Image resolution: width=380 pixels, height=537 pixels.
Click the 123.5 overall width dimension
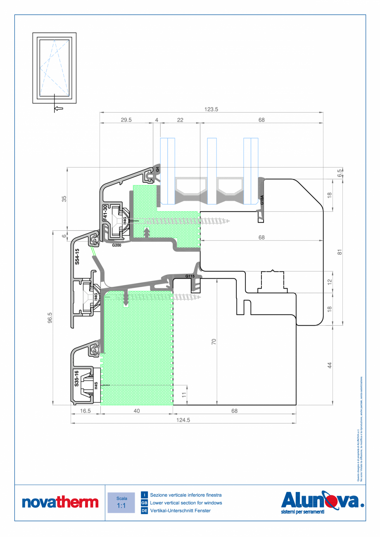tap(211, 109)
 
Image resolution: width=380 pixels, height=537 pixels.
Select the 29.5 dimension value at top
tap(126, 120)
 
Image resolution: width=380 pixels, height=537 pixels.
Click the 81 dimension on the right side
tap(339, 252)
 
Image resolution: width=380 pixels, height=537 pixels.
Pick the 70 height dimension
tap(214, 341)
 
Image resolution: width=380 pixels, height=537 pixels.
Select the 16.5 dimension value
tap(85, 411)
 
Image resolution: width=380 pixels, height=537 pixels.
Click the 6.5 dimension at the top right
tap(340, 173)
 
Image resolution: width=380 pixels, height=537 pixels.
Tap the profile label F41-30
tap(105, 213)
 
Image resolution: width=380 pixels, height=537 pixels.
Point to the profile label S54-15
tap(77, 256)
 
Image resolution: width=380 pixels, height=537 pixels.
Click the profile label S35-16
tap(76, 378)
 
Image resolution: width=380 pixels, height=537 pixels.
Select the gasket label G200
tap(117, 245)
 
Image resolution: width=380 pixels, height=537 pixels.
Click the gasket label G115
tap(190, 276)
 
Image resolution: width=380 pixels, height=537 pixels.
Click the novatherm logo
tap(60, 502)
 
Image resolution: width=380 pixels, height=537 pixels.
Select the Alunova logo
tap(323, 502)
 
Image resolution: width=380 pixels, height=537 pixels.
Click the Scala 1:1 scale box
tap(121, 502)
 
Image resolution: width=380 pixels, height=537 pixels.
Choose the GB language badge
tap(144, 503)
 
